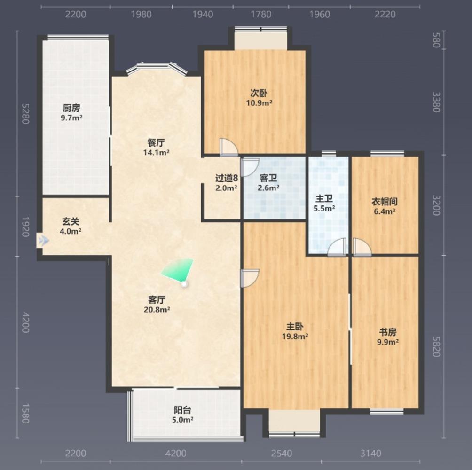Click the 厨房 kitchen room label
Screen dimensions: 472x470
(x=71, y=108)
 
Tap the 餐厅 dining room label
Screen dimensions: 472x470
(x=156, y=142)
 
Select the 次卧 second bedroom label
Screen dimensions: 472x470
(x=259, y=93)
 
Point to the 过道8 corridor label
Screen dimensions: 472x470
(x=227, y=178)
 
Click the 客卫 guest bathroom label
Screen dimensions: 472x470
(x=268, y=178)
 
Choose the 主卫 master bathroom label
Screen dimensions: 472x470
(x=324, y=199)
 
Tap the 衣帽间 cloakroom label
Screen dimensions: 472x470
(x=385, y=201)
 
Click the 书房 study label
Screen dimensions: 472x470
(x=388, y=332)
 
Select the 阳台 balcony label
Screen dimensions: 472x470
(x=182, y=410)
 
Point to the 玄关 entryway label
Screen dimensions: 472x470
(x=71, y=222)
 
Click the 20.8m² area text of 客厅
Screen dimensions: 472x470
(x=157, y=309)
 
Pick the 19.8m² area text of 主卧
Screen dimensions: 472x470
(x=295, y=336)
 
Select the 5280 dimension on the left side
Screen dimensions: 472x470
(x=25, y=114)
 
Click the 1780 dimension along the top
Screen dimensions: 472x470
(x=261, y=14)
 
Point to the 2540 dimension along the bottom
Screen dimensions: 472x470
(x=282, y=453)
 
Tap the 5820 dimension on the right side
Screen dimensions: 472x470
(x=436, y=346)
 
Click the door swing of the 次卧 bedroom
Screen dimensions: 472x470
(x=229, y=147)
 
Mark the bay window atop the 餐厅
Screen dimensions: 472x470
(x=157, y=68)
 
